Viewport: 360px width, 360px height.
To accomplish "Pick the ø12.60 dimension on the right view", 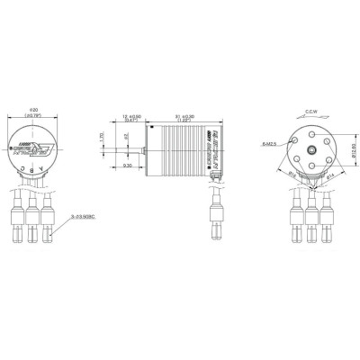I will (351, 149).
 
